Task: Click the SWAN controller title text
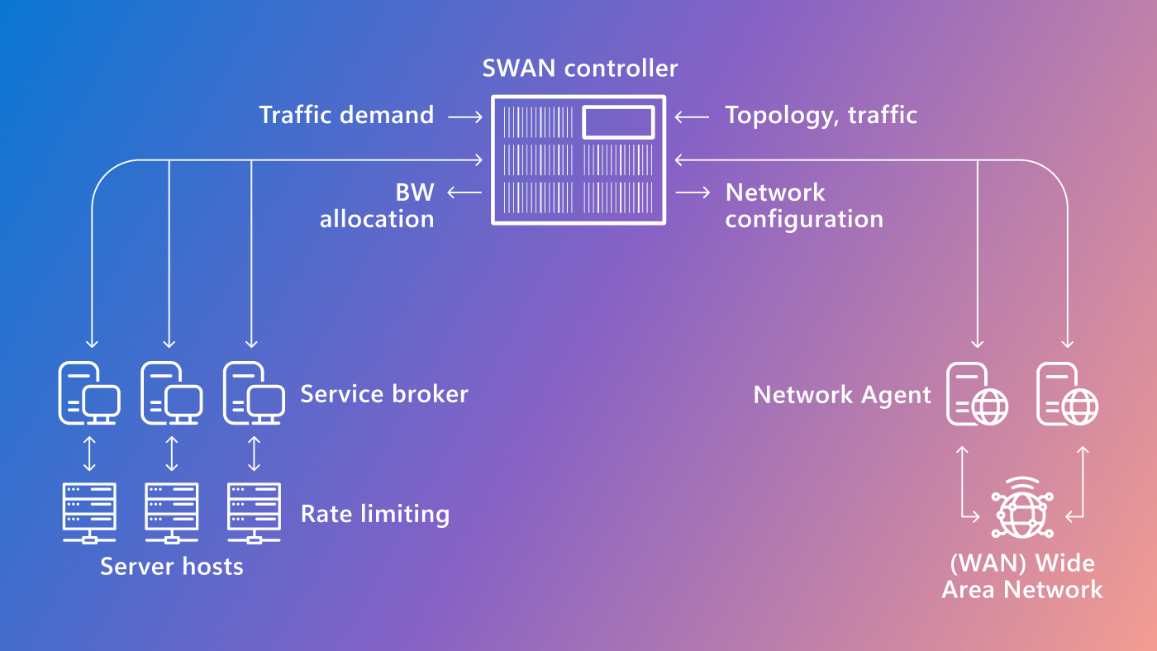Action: point(579,68)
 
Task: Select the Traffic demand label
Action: point(346,115)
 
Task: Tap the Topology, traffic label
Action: point(821,115)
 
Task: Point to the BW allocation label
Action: point(378,206)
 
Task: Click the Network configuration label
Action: point(803,206)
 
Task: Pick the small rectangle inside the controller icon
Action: point(619,122)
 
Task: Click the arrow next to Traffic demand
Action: point(465,117)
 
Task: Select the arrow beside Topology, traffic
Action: point(692,117)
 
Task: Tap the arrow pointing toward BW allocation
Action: point(464,192)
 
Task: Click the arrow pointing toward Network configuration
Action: point(693,192)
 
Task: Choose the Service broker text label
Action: point(383,394)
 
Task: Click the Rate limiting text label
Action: point(374,514)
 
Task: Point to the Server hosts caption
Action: point(172,566)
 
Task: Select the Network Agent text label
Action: point(842,395)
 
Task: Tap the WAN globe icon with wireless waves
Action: point(1023,506)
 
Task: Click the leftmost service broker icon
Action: point(89,394)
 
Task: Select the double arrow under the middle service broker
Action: point(172,454)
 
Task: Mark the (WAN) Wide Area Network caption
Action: point(1022,576)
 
